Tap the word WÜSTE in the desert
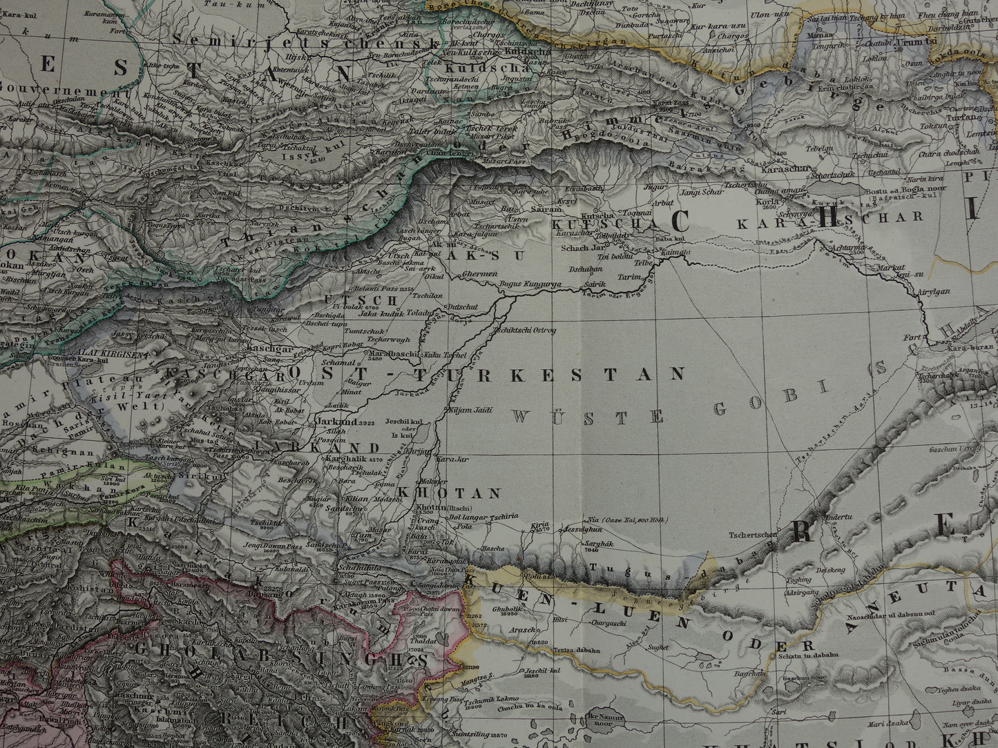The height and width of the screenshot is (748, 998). click(589, 416)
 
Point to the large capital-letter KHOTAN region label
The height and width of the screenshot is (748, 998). click(448, 493)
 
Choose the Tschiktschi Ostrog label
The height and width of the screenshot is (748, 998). click(525, 331)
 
